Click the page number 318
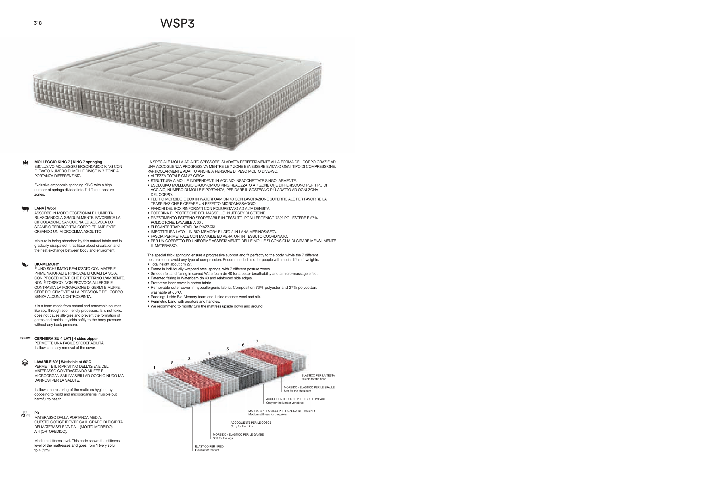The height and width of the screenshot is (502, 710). point(38,23)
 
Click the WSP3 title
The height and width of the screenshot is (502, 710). point(177,24)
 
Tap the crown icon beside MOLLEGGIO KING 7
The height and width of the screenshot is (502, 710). point(26,163)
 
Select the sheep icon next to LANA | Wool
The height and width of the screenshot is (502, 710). point(25,209)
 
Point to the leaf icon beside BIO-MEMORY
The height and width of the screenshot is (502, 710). point(25,265)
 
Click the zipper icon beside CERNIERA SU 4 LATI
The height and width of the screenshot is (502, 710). point(25,338)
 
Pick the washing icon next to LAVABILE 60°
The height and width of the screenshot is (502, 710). point(25,363)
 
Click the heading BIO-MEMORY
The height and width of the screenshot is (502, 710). point(47,264)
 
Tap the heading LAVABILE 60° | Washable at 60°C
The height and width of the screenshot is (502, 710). point(63,362)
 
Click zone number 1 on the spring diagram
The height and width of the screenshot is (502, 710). point(154,368)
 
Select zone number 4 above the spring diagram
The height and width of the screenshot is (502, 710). point(209,354)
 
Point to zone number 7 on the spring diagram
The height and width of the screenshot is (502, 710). point(257,341)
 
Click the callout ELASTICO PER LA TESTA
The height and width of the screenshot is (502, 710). point(318,376)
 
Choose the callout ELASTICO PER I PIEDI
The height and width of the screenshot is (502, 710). point(210,446)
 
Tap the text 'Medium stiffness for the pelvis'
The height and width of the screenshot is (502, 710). point(268,415)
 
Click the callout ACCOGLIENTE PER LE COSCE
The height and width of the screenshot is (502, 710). point(251,422)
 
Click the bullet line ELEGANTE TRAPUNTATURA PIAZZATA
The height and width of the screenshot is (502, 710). point(183,227)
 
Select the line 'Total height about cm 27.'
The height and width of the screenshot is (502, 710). point(171,264)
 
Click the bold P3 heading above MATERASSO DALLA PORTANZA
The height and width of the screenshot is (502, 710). point(36,413)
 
